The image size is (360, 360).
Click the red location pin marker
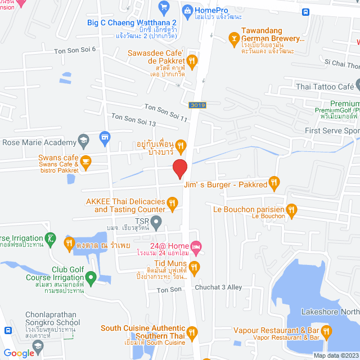click(x=179, y=168)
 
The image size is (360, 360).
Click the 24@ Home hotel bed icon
click(x=195, y=246)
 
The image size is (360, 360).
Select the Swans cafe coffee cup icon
click(x=85, y=163)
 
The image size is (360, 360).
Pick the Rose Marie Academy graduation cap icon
click(x=83, y=139)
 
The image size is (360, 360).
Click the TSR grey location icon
click(x=157, y=222)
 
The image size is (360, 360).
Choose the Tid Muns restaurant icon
click(x=194, y=267)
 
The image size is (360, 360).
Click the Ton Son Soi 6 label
click(x=75, y=50)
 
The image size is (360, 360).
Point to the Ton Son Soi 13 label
click(x=133, y=119)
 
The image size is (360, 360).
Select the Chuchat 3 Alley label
click(x=218, y=287)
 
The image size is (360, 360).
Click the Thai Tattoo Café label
click(x=325, y=87)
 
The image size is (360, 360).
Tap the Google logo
click(x=18, y=353)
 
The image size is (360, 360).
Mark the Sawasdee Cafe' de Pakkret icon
click(x=192, y=61)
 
